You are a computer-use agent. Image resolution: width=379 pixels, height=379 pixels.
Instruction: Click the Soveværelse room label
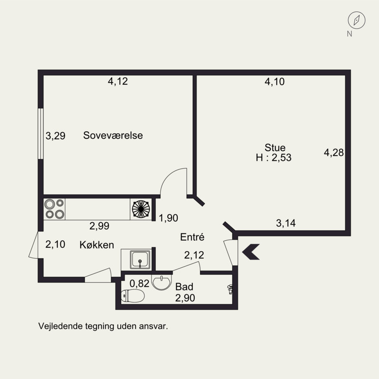[x=113, y=135]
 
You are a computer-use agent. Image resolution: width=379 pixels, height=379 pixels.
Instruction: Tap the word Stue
[x=275, y=147]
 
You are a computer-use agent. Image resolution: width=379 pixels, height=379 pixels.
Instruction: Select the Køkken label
[x=97, y=245]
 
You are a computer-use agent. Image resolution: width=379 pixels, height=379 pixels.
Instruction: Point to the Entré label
[x=192, y=237]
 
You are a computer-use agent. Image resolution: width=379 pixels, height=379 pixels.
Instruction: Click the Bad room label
[x=184, y=287]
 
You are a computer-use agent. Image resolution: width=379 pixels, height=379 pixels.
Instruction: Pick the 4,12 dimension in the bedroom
[x=117, y=81]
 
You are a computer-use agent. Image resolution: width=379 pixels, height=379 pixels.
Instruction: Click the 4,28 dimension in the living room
[x=334, y=153]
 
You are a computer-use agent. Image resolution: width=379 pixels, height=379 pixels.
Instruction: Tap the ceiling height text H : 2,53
[x=274, y=158]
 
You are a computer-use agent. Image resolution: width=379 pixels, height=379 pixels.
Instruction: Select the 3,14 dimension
[x=286, y=223]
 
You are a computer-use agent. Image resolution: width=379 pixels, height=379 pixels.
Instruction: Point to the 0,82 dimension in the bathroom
[x=139, y=283]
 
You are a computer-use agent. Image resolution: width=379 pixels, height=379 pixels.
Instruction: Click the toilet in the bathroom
[x=133, y=296]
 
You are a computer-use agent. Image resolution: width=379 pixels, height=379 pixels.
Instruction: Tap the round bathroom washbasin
[x=162, y=282]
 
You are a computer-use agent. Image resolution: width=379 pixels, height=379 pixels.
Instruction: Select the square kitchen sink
[x=140, y=260]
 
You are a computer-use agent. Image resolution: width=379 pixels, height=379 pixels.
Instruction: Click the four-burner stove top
[x=54, y=209]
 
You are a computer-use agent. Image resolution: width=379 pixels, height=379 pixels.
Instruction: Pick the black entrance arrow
[x=251, y=252]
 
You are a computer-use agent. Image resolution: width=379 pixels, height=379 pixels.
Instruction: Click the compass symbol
[x=357, y=20]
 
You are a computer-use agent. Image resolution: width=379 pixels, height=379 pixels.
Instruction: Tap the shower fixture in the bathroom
[x=230, y=289]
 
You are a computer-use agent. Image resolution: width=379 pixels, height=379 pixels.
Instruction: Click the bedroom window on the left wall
[x=41, y=134]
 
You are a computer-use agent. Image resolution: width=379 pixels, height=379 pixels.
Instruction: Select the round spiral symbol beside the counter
[x=141, y=209]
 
